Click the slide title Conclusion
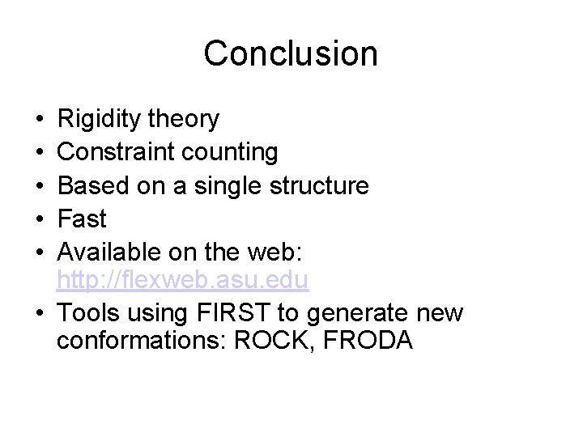pyautogui.click(x=291, y=53)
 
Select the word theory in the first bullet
pyautogui.click(x=185, y=120)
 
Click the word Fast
pyautogui.click(x=82, y=218)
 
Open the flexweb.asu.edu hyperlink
pyautogui.click(x=183, y=281)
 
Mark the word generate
pyautogui.click(x=353, y=312)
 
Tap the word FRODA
pyautogui.click(x=368, y=341)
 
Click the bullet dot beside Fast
pyautogui.click(x=40, y=219)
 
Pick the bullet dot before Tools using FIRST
pyautogui.click(x=40, y=312)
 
